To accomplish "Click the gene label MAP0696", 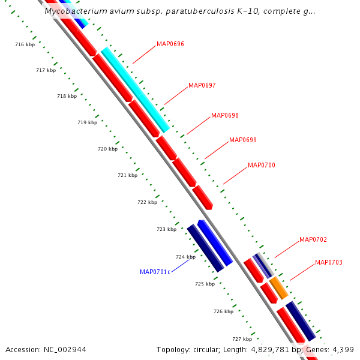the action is (170, 44).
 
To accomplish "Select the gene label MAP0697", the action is (202, 85).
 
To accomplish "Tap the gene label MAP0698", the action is (225, 115).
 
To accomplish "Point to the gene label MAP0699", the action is (243, 140).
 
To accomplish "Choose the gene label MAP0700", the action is (262, 165).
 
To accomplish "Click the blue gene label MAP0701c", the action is (155, 272).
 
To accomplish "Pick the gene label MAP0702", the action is (313, 239).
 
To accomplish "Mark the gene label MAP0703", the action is (329, 262).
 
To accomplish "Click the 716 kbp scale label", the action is (25, 44).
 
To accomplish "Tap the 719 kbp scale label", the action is (87, 122).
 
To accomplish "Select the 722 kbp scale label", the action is (147, 202).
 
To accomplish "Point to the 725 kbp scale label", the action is (205, 284).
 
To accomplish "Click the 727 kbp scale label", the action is (242, 339).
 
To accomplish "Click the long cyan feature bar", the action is (135, 89).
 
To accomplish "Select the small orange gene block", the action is (278, 288).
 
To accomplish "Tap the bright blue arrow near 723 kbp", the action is (215, 242).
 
